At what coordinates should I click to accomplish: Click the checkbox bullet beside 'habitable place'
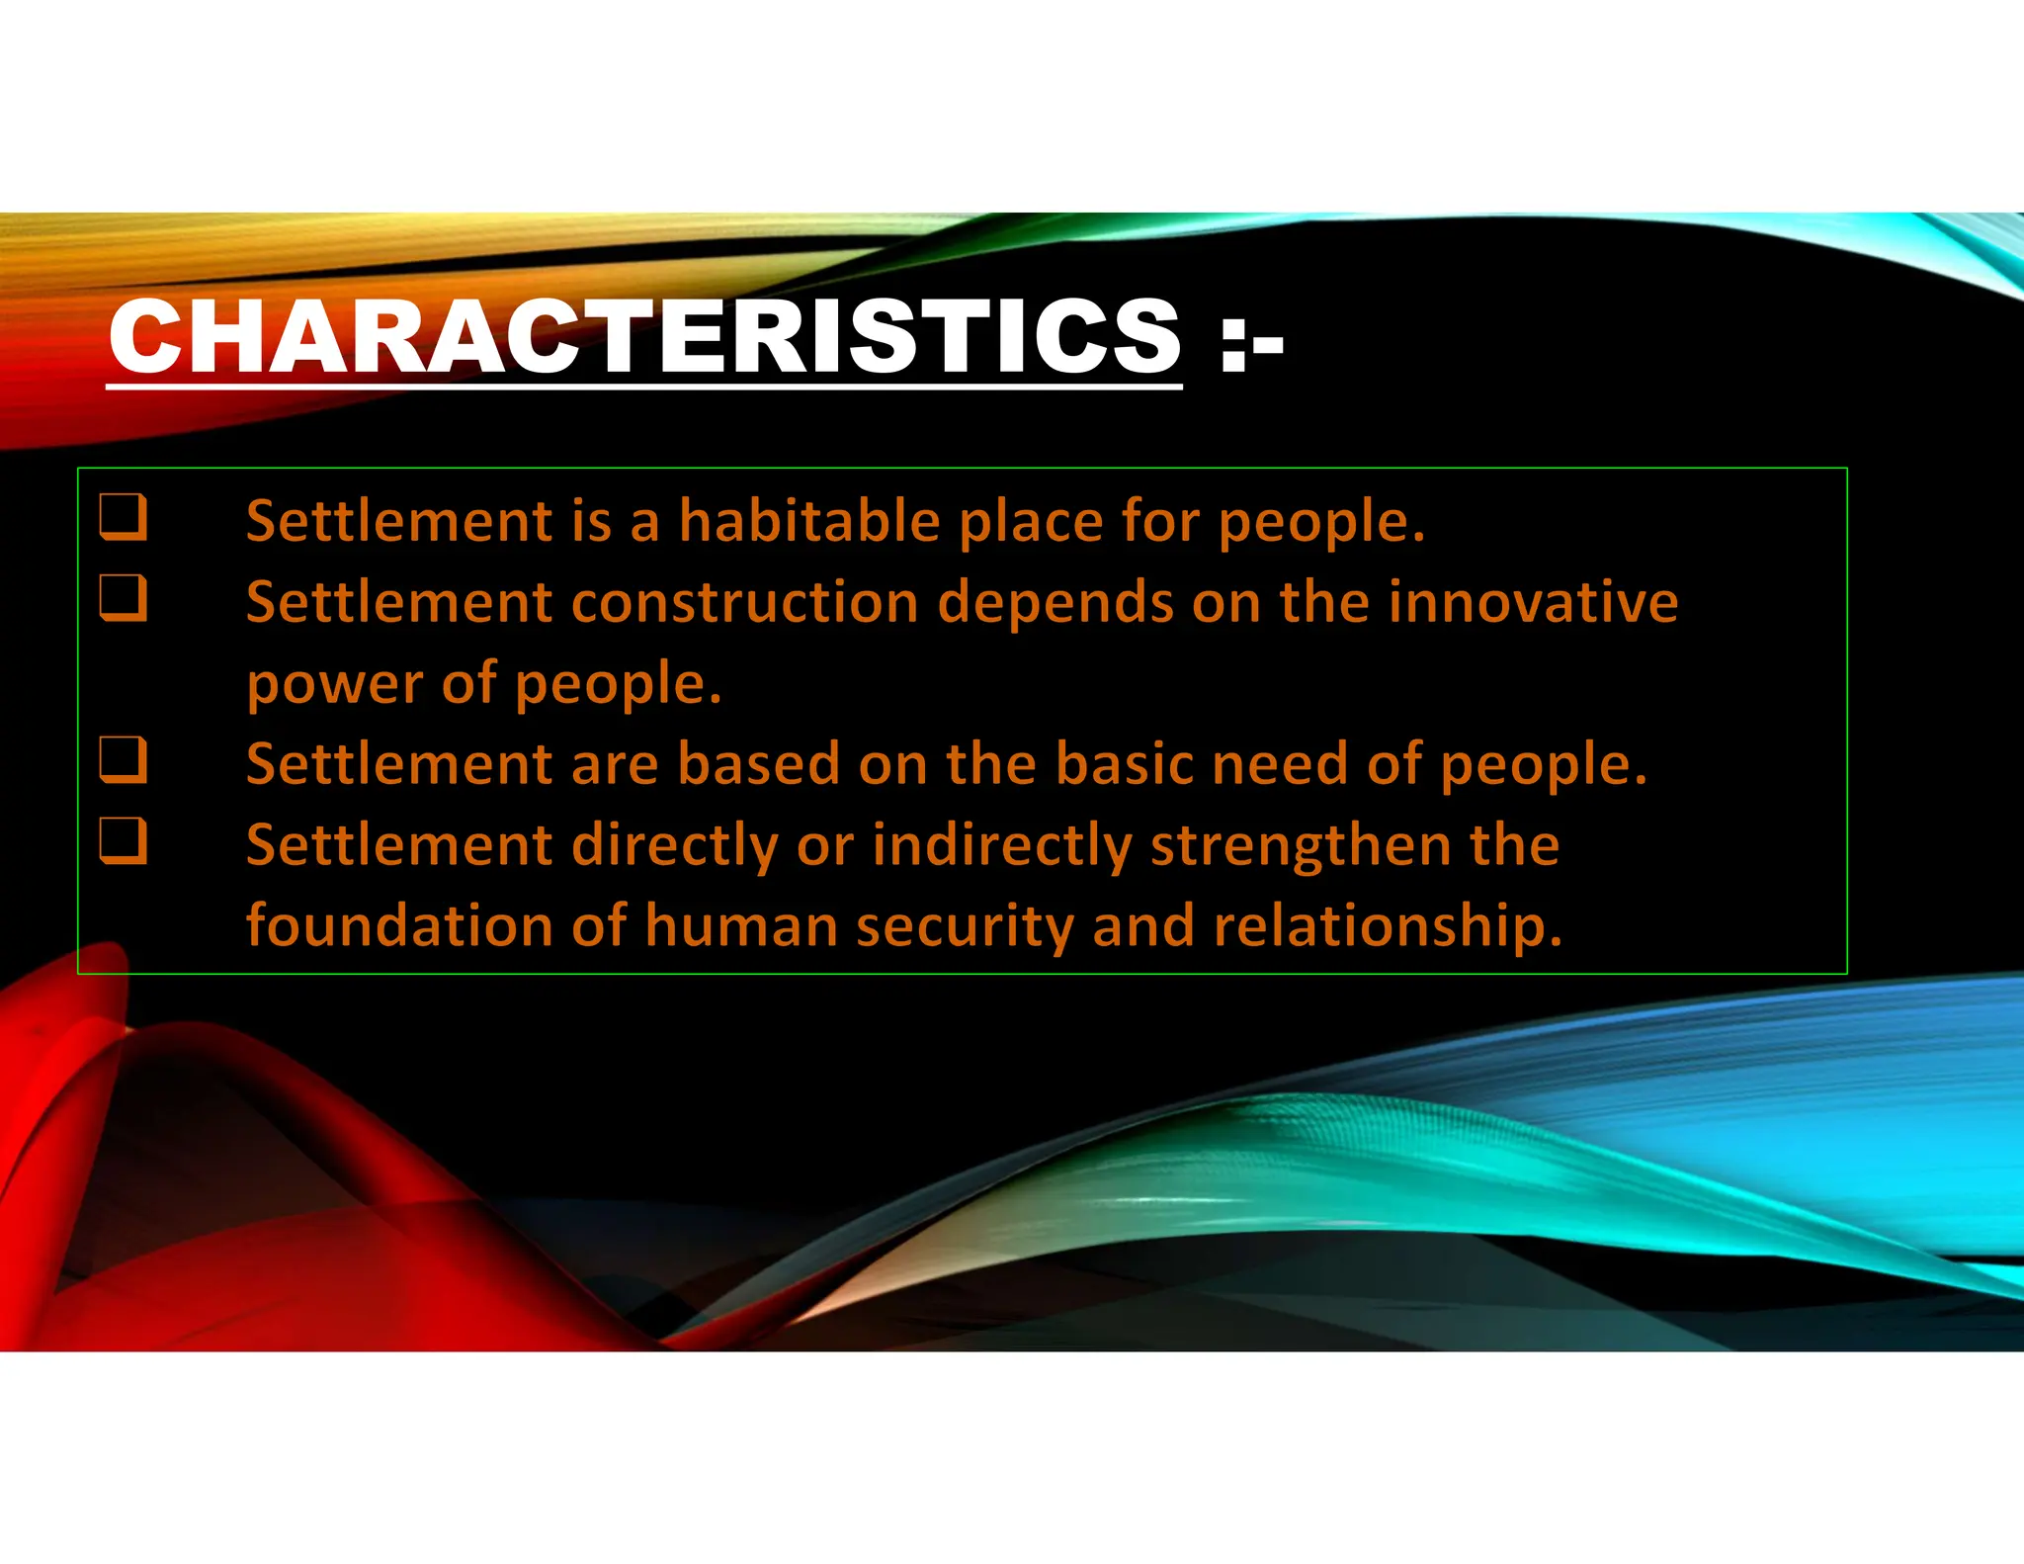[124, 517]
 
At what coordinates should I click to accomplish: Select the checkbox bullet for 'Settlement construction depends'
[124, 598]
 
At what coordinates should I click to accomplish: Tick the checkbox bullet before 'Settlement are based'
[124, 760]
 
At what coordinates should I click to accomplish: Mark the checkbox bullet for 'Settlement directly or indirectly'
[124, 841]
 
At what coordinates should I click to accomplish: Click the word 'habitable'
[808, 521]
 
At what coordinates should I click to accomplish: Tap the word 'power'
[335, 685]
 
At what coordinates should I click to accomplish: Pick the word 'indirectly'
[1002, 847]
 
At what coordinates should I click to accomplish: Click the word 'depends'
[1055, 604]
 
